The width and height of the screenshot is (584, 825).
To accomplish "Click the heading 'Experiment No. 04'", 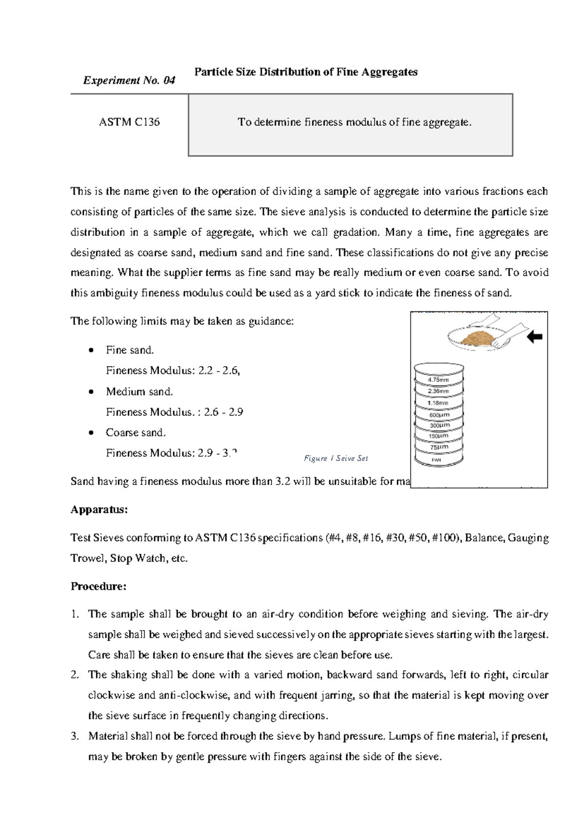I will pos(129,81).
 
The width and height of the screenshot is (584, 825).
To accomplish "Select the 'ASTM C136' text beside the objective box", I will pos(129,122).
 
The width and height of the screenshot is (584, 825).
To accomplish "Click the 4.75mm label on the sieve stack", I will pos(438,380).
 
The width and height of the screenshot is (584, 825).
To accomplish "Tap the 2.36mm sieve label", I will pos(438,391).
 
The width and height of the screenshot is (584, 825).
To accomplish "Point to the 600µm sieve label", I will pos(439,415).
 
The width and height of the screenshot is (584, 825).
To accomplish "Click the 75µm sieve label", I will pos(439,447).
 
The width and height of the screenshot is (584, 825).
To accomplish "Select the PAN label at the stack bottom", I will pos(437,460).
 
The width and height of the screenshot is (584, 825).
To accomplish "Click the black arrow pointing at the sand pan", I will pos(535,337).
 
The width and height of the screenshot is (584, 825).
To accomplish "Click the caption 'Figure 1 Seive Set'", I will pos(336,458).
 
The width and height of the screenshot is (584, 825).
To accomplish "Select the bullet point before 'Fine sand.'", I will pos(91,350).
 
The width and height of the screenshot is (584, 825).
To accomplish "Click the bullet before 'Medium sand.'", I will pos(91,392).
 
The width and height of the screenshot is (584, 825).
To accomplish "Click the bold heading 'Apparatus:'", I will pos(99,510).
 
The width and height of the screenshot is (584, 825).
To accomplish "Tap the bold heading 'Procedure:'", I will pos(99,586).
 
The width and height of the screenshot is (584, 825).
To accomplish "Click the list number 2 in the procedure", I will pos(74,675).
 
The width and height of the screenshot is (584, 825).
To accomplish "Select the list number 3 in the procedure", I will pos(74,736).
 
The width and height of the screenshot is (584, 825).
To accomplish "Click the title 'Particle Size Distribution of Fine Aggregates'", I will pos(306,72).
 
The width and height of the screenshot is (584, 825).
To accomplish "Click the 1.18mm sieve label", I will pos(438,403).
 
